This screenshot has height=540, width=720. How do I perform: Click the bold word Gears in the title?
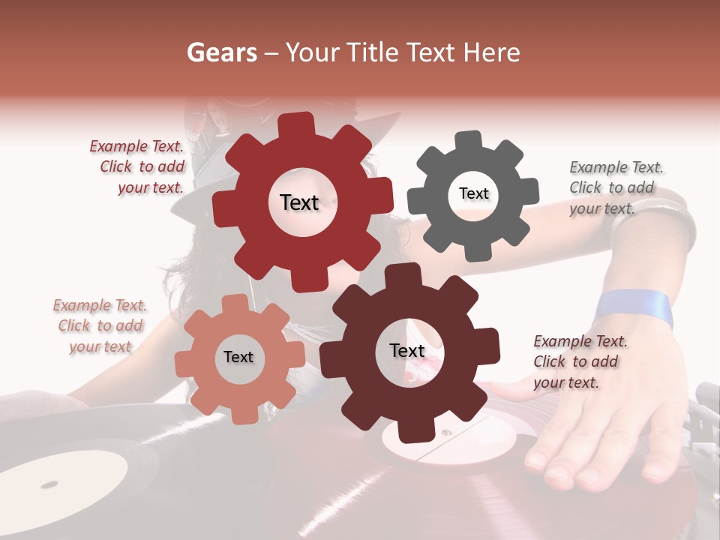(221, 52)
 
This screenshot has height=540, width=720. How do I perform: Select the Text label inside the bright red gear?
(299, 202)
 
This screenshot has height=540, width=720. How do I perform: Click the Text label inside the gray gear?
(473, 193)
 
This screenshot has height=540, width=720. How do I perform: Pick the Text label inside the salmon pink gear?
(238, 357)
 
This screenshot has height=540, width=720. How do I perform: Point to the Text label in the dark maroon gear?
(407, 351)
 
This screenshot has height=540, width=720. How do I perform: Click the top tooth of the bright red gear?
(296, 124)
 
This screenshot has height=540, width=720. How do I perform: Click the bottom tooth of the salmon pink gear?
(241, 414)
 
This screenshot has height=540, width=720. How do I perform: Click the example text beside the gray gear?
(616, 187)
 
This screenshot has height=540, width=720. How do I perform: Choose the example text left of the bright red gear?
(138, 167)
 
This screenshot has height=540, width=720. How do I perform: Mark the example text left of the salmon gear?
(100, 325)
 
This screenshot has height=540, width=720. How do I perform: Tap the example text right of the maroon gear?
(580, 361)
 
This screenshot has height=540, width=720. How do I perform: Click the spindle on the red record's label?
(445, 433)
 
